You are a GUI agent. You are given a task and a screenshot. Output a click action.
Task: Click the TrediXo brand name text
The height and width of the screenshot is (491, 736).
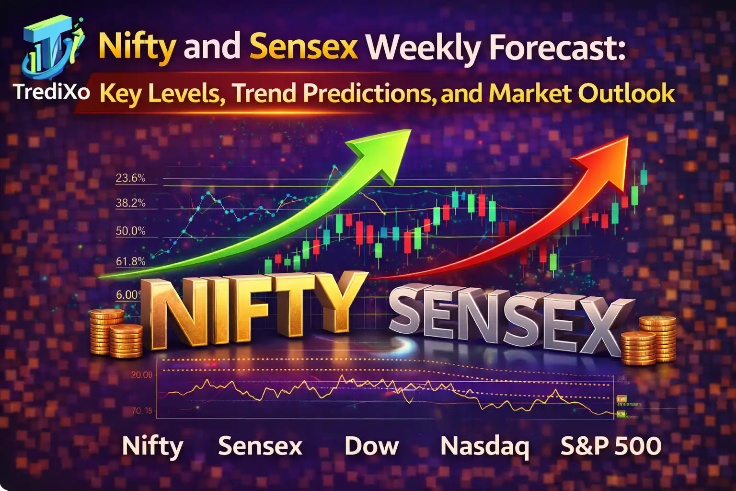(x=52, y=91)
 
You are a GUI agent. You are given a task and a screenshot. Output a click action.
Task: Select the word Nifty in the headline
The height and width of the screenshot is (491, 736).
(x=137, y=47)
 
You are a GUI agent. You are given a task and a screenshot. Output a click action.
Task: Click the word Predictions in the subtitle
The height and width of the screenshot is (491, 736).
(x=367, y=93)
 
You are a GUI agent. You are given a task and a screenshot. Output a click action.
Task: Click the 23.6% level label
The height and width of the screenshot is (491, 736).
(x=130, y=178)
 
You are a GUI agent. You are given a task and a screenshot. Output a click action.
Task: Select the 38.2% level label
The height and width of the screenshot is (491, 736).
(x=130, y=203)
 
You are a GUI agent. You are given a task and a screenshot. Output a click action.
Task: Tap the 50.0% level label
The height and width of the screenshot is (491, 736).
(x=130, y=231)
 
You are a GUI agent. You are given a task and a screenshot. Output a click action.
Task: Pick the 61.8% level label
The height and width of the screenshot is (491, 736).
(x=130, y=261)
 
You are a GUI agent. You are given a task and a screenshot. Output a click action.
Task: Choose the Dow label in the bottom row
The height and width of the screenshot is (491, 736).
(x=371, y=446)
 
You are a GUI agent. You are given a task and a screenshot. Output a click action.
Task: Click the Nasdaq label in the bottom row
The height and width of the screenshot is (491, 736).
(x=484, y=446)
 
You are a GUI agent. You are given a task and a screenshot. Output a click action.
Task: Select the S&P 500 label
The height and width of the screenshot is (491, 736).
(x=611, y=446)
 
